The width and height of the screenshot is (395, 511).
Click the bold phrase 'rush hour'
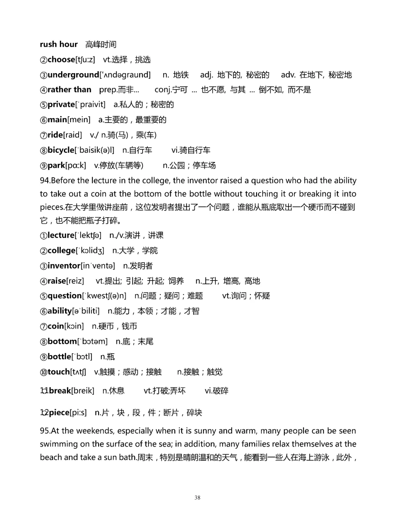coord(59,45)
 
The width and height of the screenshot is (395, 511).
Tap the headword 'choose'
coord(61,60)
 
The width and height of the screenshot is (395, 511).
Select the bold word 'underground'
coord(73,75)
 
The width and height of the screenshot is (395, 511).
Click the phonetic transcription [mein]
coord(79,120)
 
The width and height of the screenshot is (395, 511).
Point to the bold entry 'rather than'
coord(69,90)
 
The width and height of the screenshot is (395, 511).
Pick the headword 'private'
coord(61,105)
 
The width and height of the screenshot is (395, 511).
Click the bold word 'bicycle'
coord(61,150)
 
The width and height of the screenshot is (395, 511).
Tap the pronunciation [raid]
coord(73,135)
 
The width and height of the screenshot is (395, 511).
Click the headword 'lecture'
coord(61,236)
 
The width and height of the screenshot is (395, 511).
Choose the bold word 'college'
coord(61,251)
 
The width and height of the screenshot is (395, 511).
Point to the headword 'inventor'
coord(64,266)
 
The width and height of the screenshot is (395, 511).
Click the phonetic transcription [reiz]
coord(75,281)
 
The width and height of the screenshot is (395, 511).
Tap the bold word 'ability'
coord(60,311)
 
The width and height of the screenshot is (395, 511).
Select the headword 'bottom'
coord(62,342)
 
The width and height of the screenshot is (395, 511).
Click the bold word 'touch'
coord(59,372)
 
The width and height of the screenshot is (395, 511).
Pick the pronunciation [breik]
coord(83,391)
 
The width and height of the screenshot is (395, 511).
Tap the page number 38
coord(197,497)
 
